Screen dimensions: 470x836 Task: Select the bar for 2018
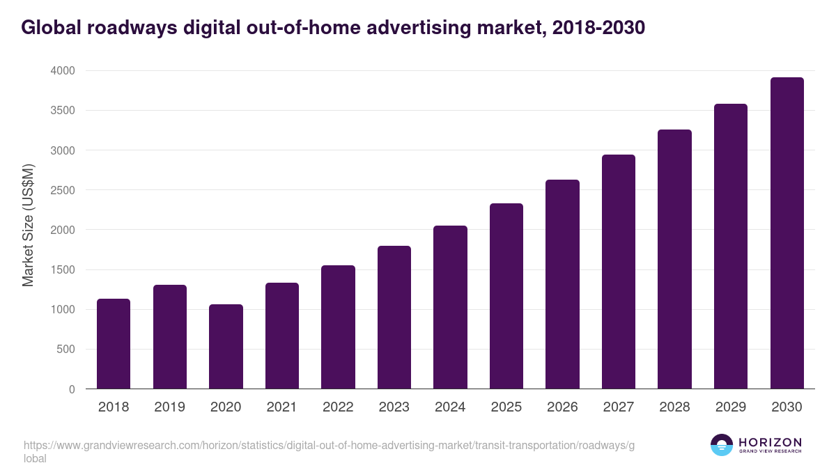114,344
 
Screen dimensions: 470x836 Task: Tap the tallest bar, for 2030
787,233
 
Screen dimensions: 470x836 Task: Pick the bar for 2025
506,296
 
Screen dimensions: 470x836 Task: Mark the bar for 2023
394,318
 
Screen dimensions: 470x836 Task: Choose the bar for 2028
674,259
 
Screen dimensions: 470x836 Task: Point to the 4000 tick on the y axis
62,71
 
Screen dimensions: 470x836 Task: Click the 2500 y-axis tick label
62,190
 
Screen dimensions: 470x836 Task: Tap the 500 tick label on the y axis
66,350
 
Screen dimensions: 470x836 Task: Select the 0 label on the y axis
72,389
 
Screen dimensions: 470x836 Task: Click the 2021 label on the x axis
281,407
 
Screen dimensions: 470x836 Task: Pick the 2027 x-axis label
618,407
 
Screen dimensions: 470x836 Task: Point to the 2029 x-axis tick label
730,407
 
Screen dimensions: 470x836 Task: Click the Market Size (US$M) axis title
28,226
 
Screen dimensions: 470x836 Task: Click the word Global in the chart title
48,28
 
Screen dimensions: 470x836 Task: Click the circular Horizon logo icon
721,445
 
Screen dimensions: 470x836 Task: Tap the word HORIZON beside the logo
770,442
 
